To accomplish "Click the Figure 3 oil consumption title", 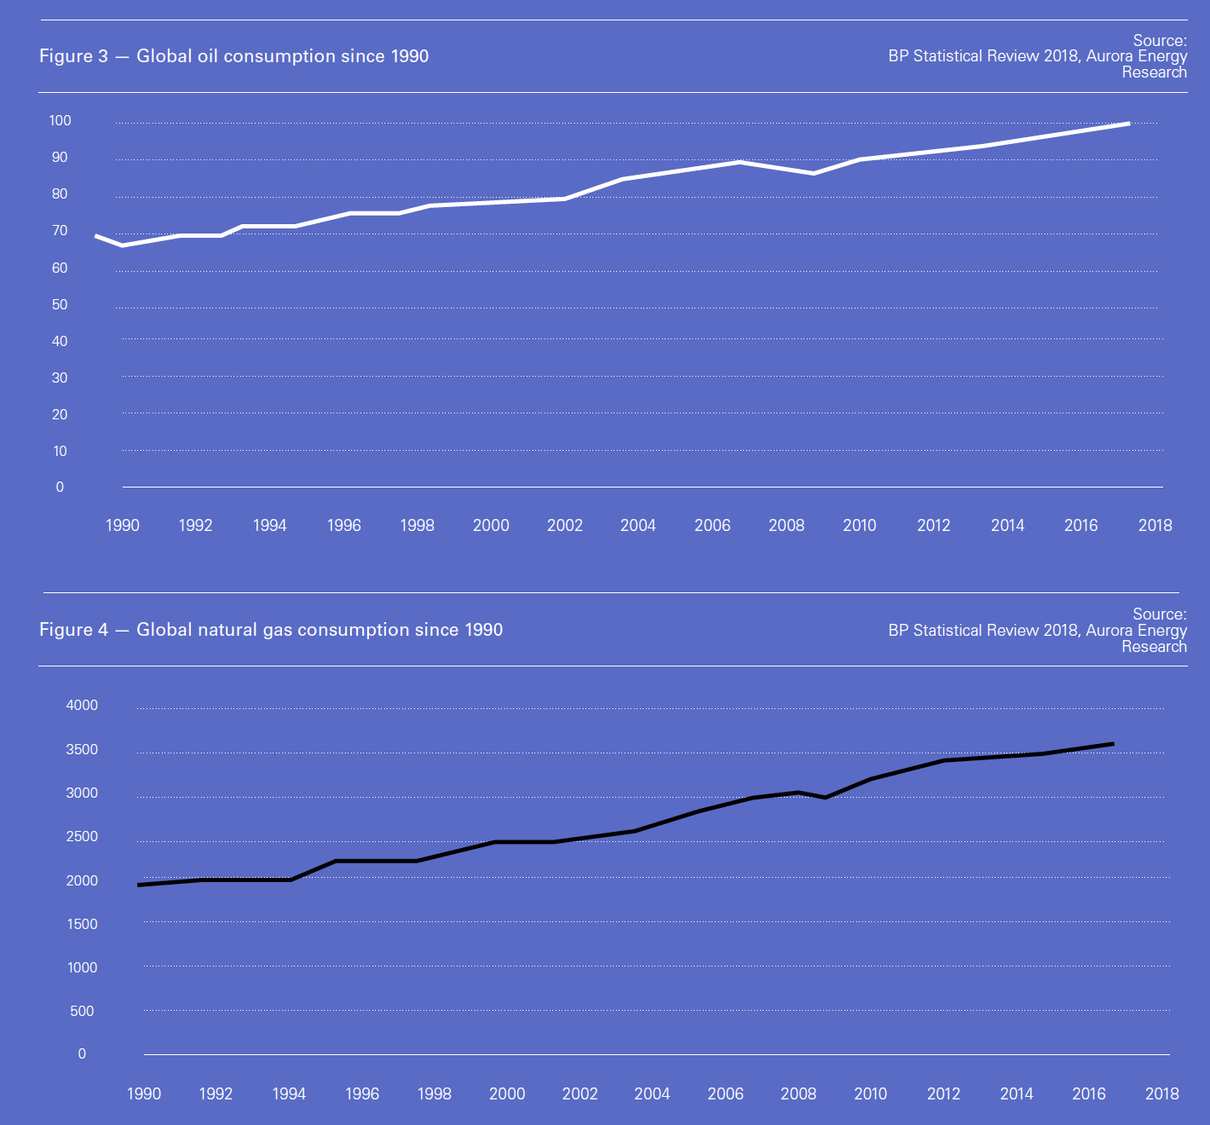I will click(x=233, y=56).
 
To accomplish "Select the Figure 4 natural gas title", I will click(x=271, y=630).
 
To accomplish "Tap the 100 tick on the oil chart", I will click(x=60, y=121).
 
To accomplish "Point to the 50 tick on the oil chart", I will click(x=60, y=305).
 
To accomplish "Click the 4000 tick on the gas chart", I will click(x=82, y=706).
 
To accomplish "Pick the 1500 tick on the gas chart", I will click(x=82, y=925).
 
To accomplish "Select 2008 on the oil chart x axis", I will click(x=786, y=526).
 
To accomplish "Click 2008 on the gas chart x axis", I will click(x=798, y=1094).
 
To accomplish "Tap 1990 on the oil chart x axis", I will click(x=122, y=526).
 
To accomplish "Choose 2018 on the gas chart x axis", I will click(x=1161, y=1094).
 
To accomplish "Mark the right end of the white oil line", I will click(x=1129, y=124).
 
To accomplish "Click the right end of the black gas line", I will click(x=1113, y=744).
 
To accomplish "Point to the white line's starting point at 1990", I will click(x=96, y=236).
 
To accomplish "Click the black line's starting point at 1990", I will click(x=139, y=885).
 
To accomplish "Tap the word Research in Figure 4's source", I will click(x=1154, y=647).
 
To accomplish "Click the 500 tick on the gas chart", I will click(x=82, y=1012).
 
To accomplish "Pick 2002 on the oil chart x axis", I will click(x=564, y=526).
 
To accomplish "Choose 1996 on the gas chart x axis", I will click(x=361, y=1094).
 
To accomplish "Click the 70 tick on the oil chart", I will click(x=60, y=231).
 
